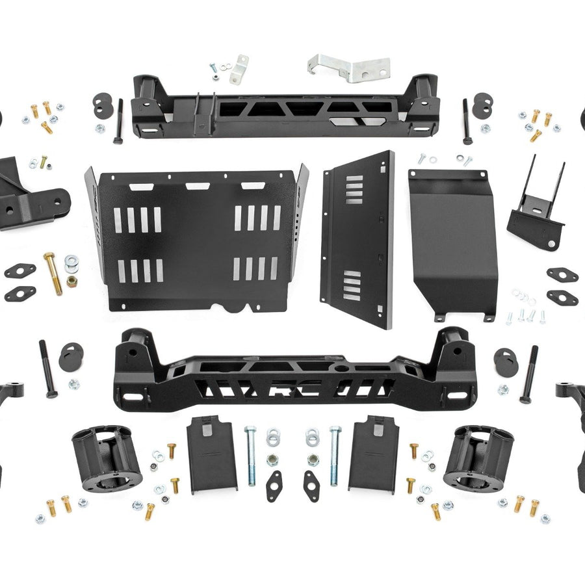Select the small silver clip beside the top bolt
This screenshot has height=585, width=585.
(239, 69)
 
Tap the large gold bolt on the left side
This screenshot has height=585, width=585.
(52, 272)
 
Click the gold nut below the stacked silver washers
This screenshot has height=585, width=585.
(71, 282)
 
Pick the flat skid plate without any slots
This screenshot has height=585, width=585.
(452, 244)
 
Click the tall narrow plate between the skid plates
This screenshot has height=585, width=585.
(357, 240)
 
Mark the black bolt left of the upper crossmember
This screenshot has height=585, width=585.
(118, 121)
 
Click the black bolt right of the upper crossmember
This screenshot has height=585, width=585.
(467, 121)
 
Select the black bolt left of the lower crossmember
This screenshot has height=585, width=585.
(47, 368)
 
